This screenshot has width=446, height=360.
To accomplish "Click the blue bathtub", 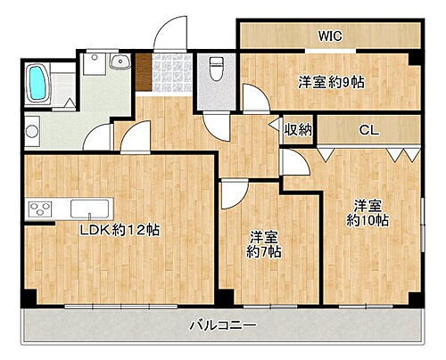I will pyautogui.click(x=37, y=83).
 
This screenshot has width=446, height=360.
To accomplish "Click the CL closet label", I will pyautogui.click(x=368, y=130).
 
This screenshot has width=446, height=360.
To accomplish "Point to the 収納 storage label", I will pyautogui.click(x=298, y=130).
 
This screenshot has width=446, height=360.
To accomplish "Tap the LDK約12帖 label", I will pyautogui.click(x=120, y=230).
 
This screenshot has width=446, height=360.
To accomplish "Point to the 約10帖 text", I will pyautogui.click(x=367, y=219).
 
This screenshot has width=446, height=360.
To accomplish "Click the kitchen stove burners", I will pyautogui.click(x=40, y=209).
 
